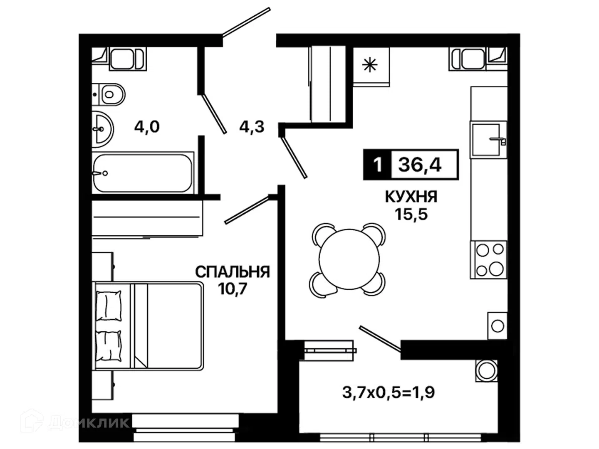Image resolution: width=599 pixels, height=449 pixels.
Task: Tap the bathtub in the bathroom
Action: (142, 173)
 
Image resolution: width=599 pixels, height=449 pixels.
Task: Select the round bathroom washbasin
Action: (102, 129)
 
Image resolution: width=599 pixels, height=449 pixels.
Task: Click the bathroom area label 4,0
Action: (147, 127)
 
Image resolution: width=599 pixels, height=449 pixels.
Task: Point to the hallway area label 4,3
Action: (252, 127)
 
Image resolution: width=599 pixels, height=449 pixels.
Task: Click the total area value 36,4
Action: (420, 165)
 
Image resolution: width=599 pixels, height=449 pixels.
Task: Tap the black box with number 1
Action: (377, 164)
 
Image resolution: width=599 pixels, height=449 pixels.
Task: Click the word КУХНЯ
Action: (411, 196)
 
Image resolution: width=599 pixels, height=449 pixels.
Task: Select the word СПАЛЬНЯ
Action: (233, 272)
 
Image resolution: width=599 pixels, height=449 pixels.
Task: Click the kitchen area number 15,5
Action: (411, 214)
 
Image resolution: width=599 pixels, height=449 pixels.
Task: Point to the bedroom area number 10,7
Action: (232, 289)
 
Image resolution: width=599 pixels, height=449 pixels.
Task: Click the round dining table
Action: (349, 259)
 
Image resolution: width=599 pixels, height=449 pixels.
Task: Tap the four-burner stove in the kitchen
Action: (488, 260)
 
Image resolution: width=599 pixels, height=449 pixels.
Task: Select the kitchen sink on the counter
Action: (488, 140)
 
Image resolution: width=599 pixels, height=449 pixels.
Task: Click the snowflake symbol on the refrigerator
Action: (370, 65)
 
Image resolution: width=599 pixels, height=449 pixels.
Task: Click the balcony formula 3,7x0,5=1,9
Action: (389, 392)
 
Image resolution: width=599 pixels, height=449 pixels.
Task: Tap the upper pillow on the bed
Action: (109, 305)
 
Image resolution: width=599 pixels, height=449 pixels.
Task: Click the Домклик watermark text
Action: (89, 423)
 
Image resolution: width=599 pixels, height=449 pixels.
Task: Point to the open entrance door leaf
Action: (246, 22)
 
